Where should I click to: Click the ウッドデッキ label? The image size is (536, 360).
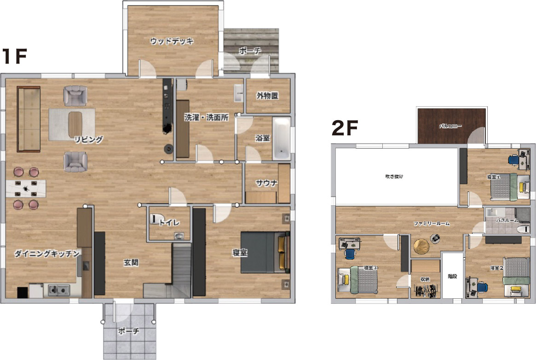click(172, 41)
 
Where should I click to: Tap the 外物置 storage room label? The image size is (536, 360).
click(268, 96)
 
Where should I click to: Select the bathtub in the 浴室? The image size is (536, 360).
click(282, 139)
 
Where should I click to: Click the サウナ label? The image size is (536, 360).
click(267, 183)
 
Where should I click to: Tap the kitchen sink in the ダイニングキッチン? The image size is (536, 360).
click(58, 290)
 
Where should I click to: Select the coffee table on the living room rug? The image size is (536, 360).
click(75, 125)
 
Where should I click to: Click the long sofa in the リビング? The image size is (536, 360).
click(29, 119)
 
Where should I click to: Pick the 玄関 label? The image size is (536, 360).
click(131, 262)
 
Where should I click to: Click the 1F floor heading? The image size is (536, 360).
click(14, 56)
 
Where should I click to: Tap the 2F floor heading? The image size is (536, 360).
click(345, 128)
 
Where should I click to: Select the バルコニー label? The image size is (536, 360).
click(450, 126)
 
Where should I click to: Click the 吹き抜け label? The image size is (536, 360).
click(394, 176)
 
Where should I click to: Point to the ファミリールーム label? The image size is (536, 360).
click(432, 224)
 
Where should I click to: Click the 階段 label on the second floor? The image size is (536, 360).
click(452, 276)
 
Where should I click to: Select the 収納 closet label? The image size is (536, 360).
click(425, 279)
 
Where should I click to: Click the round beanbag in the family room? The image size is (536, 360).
click(421, 247)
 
